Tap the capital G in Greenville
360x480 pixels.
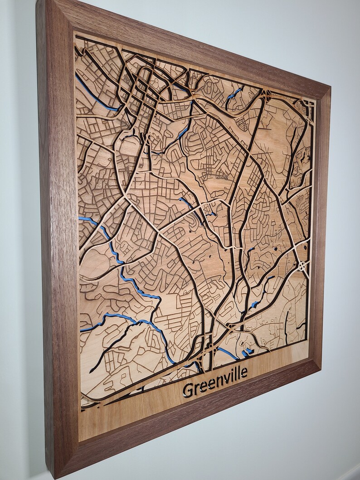coord(187,389)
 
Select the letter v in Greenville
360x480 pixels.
coord(222,380)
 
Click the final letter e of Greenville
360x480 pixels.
coord(244,373)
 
